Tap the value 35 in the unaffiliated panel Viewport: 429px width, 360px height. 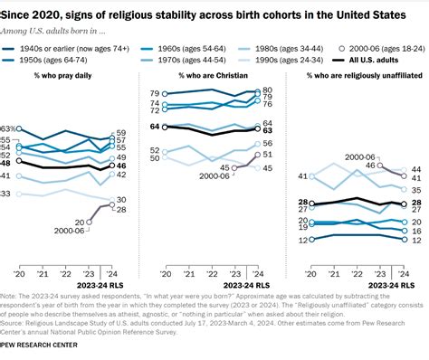click(415, 190)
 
